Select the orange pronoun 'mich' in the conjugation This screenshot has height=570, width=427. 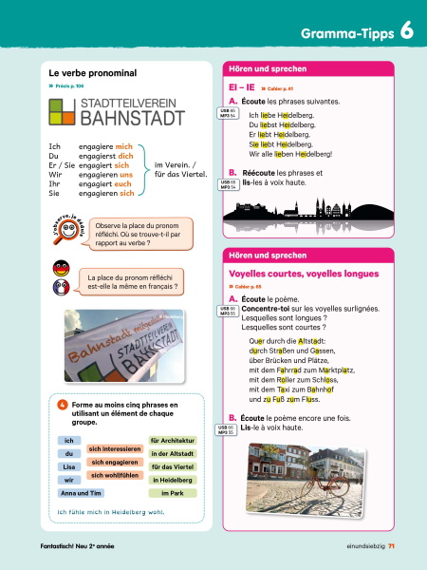pos(123,147)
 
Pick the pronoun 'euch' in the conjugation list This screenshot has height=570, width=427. pos(123,183)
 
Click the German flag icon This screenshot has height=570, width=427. pos(61,269)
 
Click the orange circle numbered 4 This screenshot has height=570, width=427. pos(63,405)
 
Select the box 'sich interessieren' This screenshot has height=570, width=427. pos(115,447)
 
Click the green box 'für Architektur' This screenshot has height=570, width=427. pos(173,440)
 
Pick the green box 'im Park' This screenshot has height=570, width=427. pos(173,493)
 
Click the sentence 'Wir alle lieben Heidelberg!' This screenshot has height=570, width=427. pos(290,153)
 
